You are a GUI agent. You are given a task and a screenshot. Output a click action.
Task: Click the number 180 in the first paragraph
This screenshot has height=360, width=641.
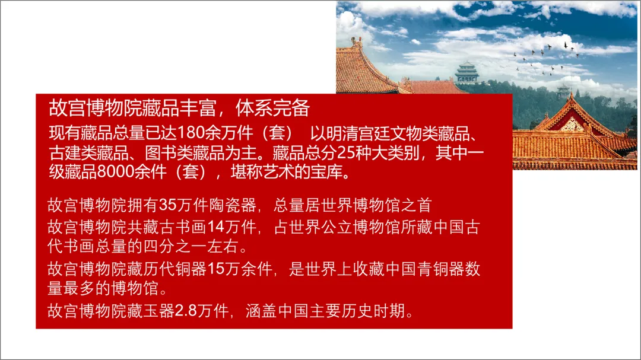(191, 133)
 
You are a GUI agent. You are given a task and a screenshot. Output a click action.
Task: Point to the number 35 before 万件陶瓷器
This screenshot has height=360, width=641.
(167, 205)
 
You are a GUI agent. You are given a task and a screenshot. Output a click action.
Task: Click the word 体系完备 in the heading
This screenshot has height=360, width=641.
(272, 108)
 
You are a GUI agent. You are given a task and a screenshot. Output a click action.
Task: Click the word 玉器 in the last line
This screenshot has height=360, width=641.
(160, 311)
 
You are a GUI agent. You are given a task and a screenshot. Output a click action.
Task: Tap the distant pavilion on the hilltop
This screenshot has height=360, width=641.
(467, 73)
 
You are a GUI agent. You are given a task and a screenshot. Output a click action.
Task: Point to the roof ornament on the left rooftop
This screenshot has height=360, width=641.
(356, 42)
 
